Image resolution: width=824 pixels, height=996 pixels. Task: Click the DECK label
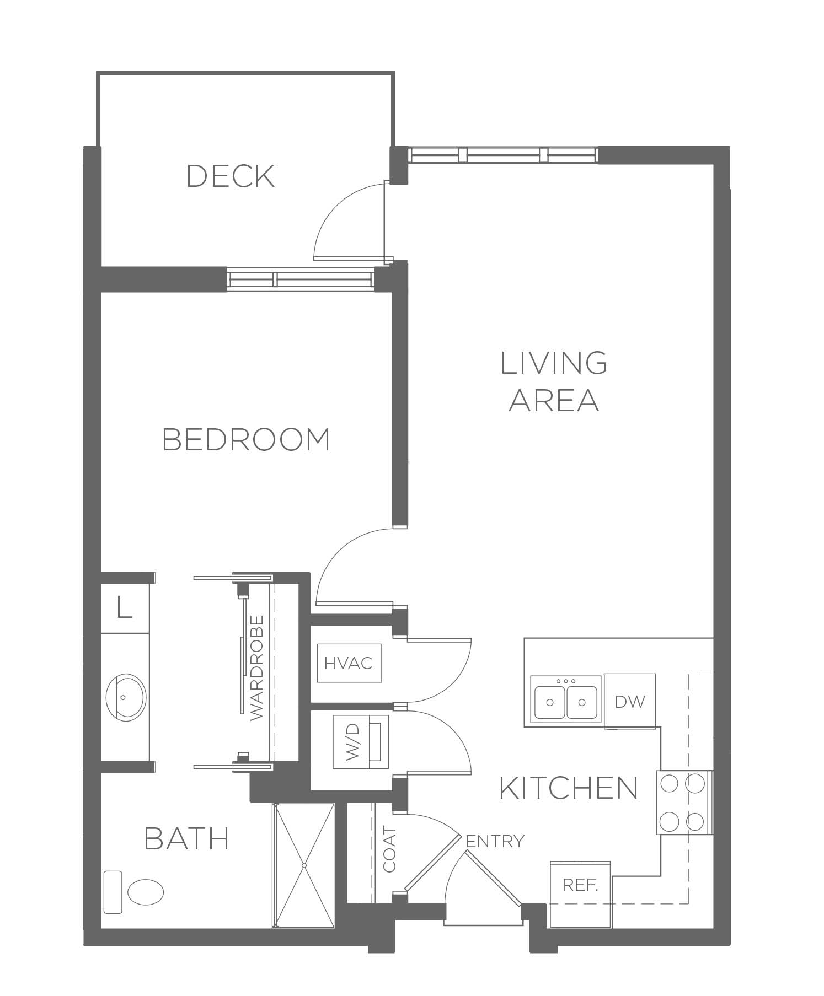[231, 176]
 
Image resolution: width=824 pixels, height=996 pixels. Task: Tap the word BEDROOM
[247, 439]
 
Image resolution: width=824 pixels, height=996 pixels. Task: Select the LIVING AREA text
[554, 381]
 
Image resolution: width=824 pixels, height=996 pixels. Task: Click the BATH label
[186, 838]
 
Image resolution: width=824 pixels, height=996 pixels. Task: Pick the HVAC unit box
[349, 663]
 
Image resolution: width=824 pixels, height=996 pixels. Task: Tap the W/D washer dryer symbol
[361, 741]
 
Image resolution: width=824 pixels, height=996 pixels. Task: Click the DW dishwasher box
[630, 701]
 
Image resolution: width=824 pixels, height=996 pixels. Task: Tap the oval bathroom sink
[125, 697]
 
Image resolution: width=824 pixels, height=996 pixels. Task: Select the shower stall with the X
[304, 865]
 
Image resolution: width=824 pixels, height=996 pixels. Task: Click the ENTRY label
[495, 841]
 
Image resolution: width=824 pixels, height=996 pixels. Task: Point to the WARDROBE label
[257, 667]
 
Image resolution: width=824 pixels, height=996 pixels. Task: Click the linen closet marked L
[125, 608]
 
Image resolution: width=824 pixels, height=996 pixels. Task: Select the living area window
[503, 155]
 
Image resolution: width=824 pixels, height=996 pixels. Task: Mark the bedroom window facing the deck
[301, 279]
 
